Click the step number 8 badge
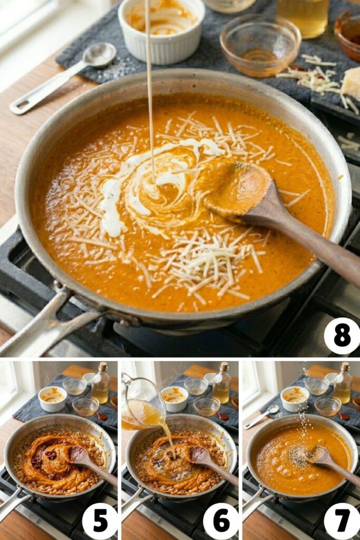click(x=342, y=336)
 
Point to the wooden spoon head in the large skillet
click(x=240, y=187)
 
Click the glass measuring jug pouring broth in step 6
click(x=142, y=401)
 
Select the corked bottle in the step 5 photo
click(x=100, y=385)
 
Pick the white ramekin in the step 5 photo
click(x=52, y=399)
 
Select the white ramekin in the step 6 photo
click(x=174, y=399)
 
